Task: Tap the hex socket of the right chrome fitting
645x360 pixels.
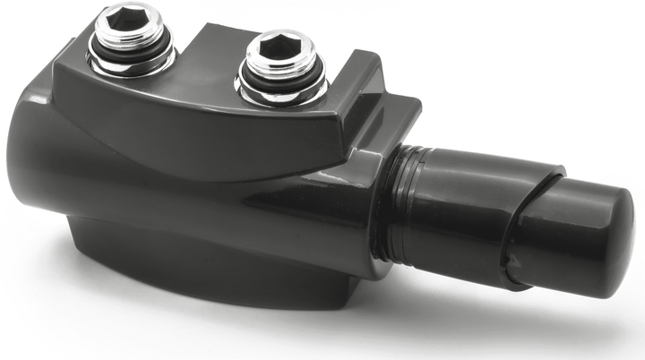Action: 280,47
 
